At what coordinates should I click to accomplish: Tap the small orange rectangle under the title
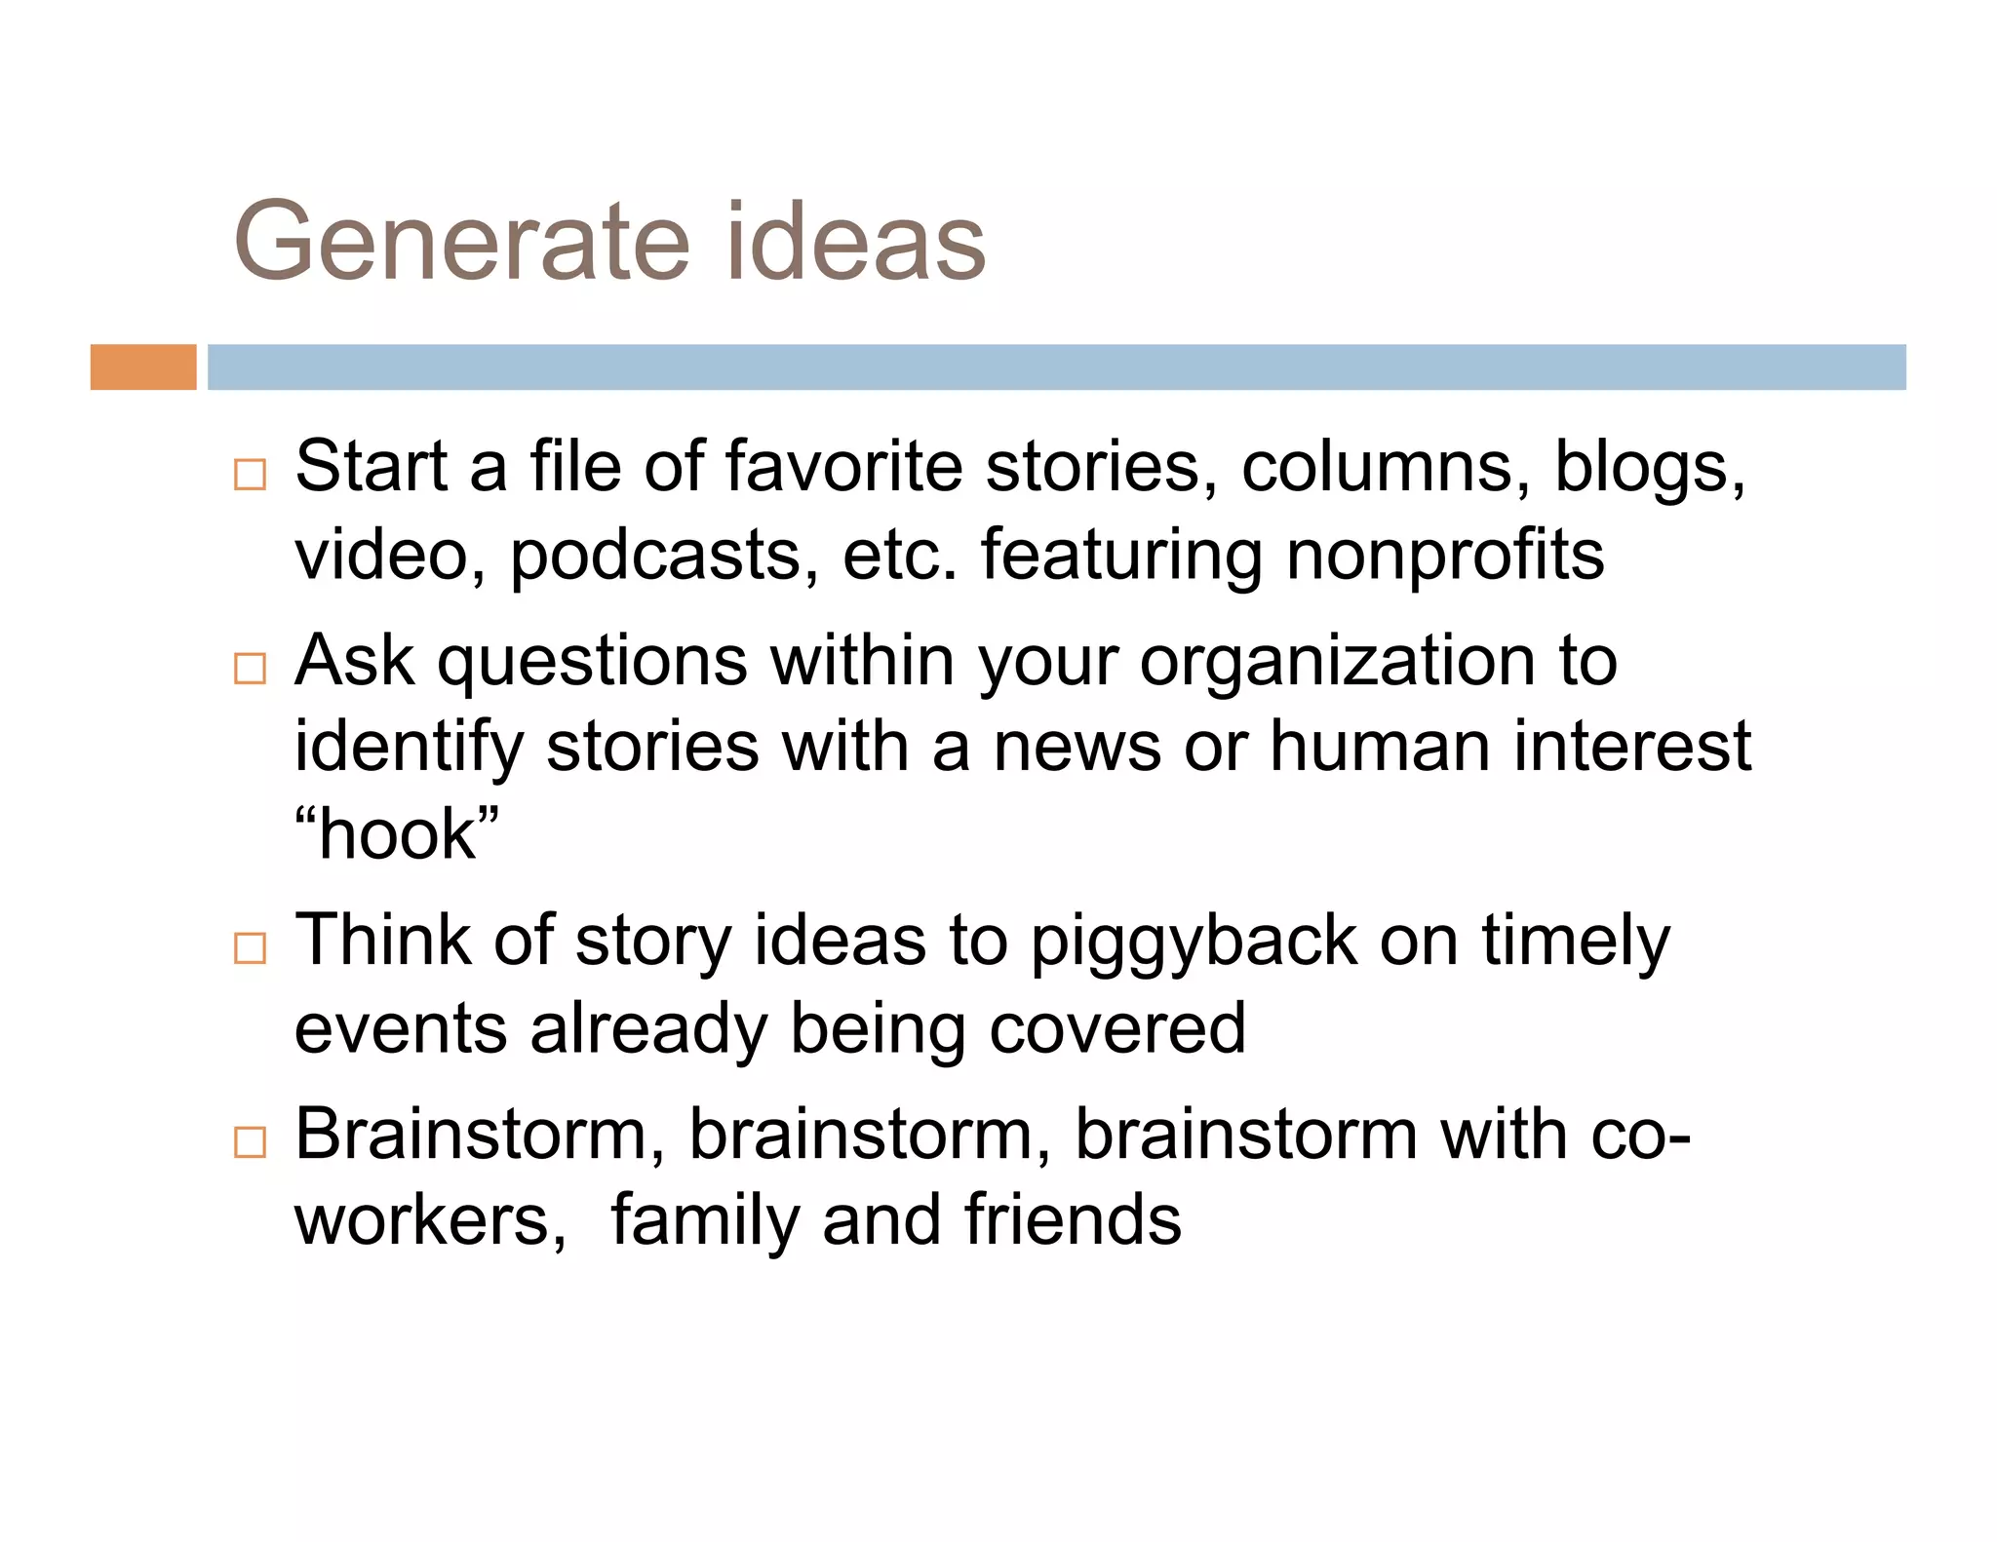point(143,366)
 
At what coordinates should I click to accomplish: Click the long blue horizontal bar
point(1056,366)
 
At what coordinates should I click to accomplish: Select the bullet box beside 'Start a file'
point(251,475)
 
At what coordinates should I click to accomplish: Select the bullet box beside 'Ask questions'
point(251,669)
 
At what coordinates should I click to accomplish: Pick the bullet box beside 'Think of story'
point(251,947)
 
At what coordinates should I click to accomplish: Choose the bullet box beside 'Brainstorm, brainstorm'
point(251,1141)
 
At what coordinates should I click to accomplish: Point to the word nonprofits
point(1444,557)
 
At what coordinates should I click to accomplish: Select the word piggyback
point(1193,943)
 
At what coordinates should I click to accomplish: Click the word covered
point(1117,1029)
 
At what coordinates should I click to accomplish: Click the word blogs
point(1648,469)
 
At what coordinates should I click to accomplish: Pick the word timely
point(1576,943)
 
